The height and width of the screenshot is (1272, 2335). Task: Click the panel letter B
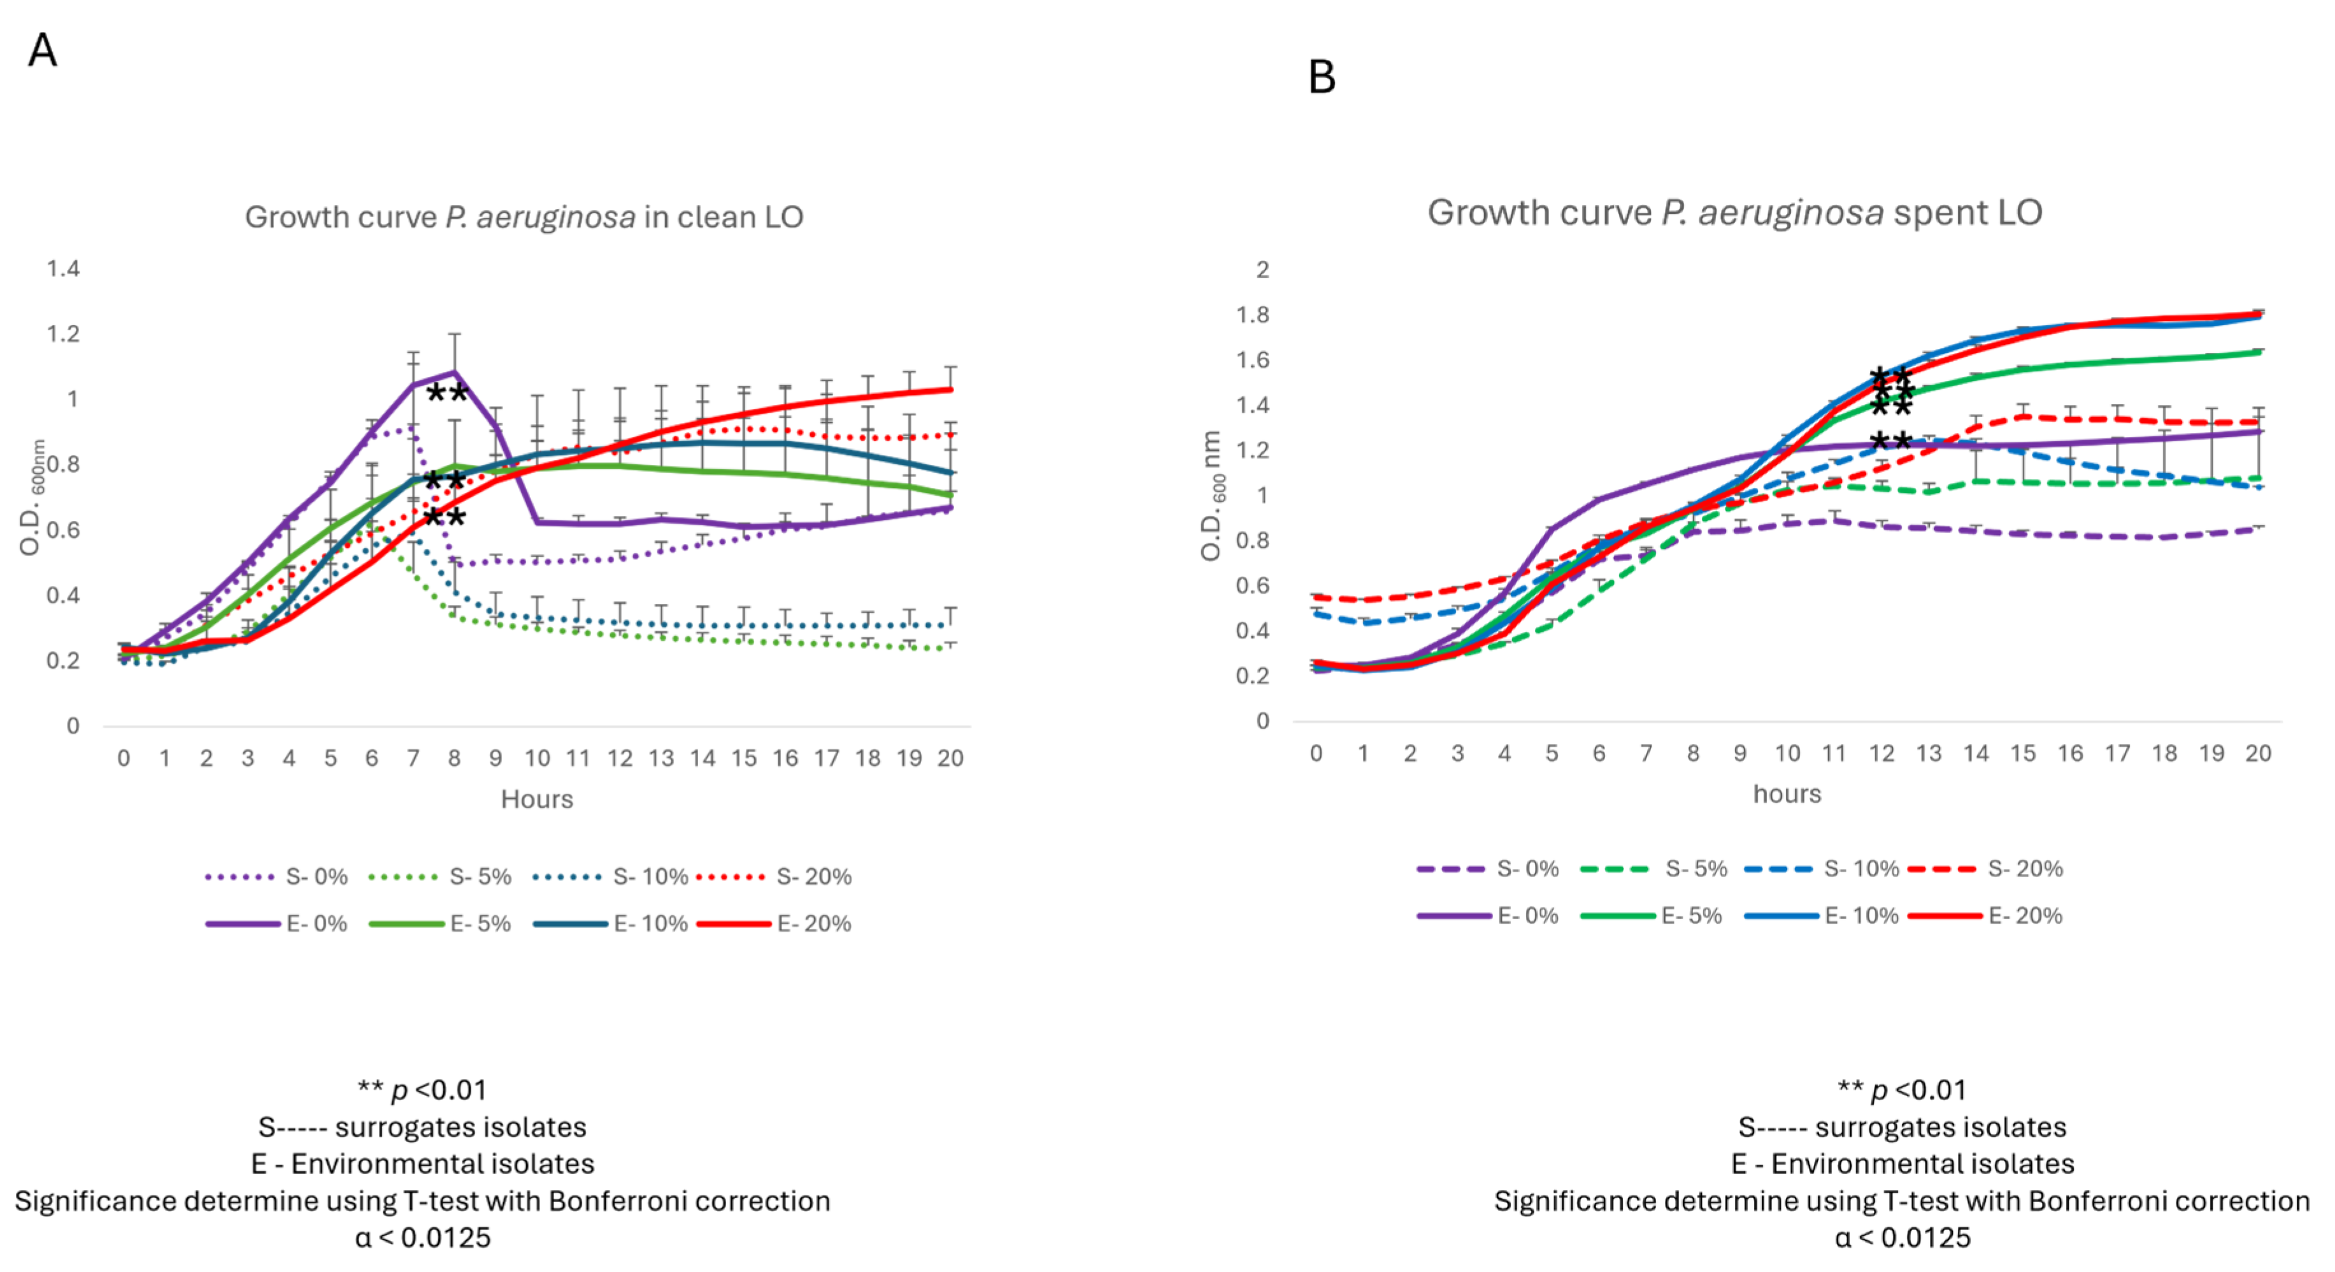point(1322,77)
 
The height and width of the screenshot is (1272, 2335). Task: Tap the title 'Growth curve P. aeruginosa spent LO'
point(1734,213)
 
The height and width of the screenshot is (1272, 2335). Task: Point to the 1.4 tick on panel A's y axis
point(64,268)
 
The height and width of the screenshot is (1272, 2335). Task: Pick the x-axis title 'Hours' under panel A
point(536,799)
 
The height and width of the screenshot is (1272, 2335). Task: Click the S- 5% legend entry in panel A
point(441,876)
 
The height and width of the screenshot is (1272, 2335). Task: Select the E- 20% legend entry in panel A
point(776,924)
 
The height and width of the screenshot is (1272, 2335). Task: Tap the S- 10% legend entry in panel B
point(1822,869)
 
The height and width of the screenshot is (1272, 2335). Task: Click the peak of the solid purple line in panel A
point(454,372)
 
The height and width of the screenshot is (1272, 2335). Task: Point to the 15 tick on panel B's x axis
point(2022,754)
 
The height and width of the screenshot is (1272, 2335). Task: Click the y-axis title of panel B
point(1212,496)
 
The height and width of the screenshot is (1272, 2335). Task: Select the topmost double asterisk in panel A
point(447,394)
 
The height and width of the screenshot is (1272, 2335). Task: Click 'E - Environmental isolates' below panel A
point(422,1163)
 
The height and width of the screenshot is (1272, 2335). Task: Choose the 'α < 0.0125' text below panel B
point(1902,1238)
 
